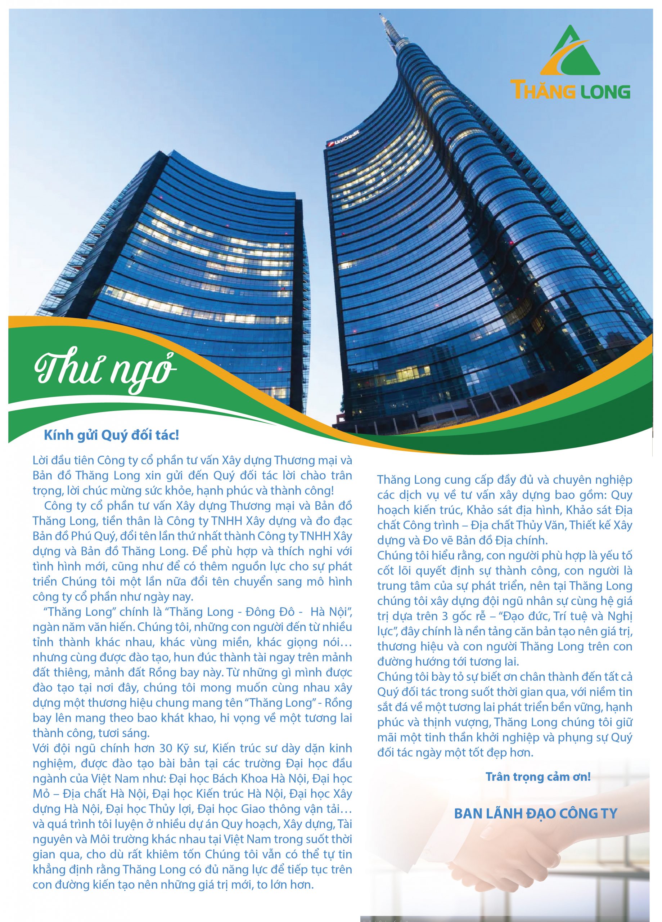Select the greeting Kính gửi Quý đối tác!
point(111,435)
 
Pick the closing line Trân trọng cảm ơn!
point(538,776)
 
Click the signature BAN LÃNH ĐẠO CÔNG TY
point(535,814)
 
